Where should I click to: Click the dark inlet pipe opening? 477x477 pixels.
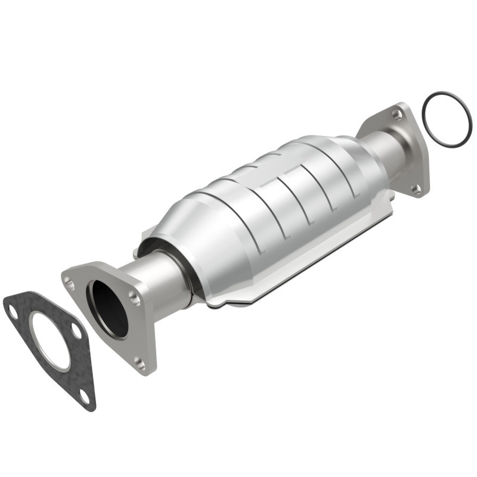pyautogui.click(x=109, y=309)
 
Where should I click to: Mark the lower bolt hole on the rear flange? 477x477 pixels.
pyautogui.click(x=417, y=189)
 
